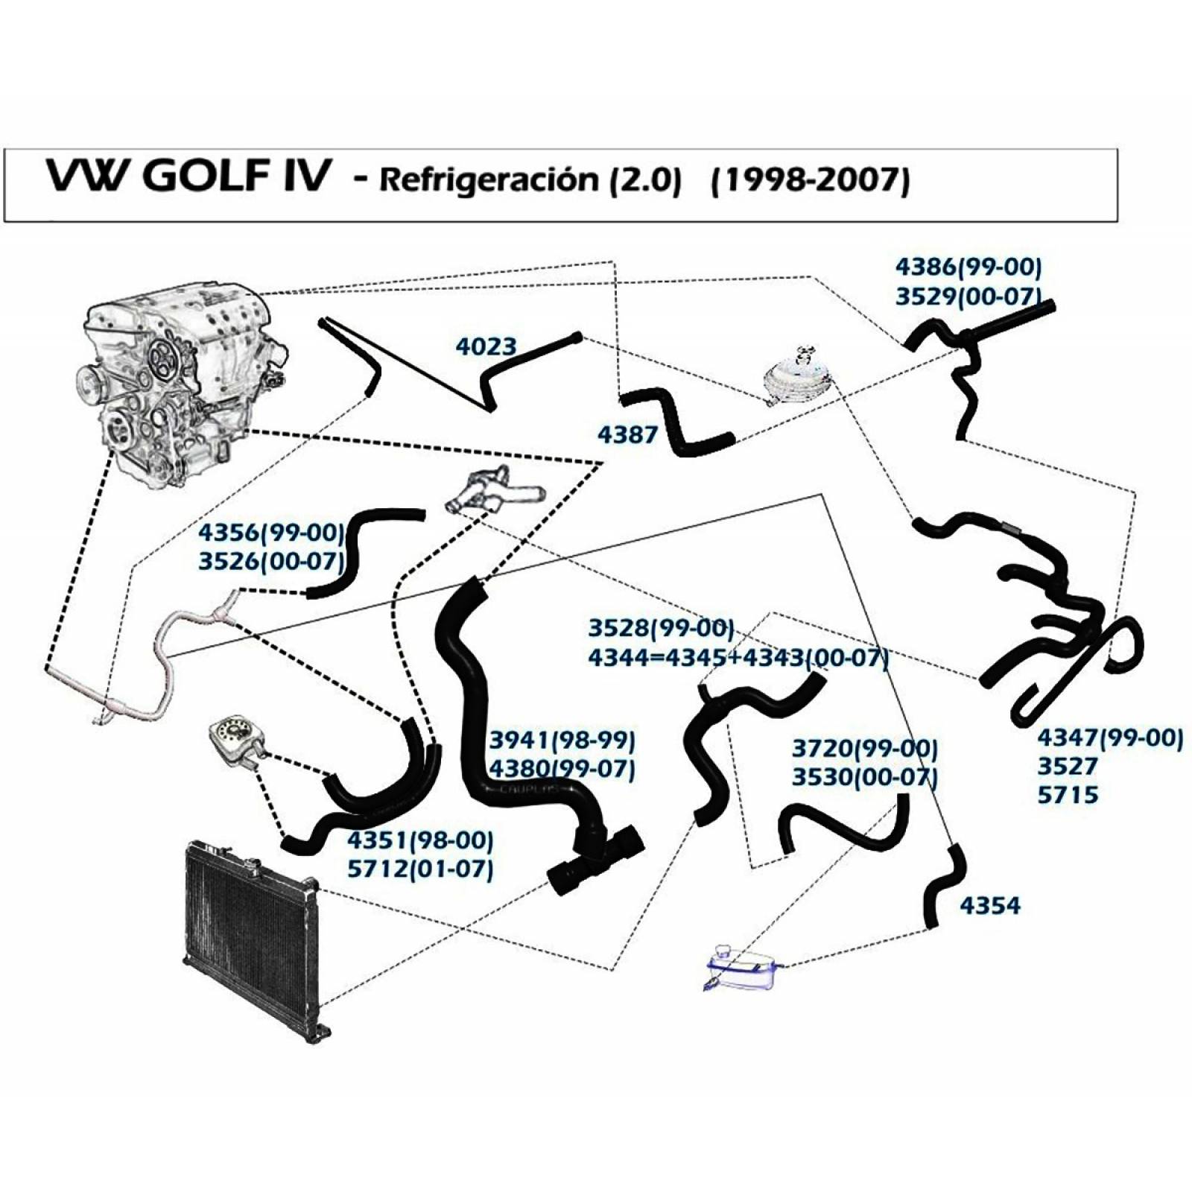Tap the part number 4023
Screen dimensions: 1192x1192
(486, 346)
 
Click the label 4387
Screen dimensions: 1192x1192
(627, 434)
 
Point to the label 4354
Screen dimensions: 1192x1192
(990, 906)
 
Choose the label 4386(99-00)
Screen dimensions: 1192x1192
(968, 267)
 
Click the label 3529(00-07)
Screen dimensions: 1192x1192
(968, 296)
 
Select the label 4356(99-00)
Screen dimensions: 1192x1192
(271, 533)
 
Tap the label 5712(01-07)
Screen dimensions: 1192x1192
(420, 869)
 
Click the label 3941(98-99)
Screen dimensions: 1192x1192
(562, 740)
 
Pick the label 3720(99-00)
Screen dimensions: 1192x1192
(865, 748)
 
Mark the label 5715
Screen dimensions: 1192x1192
(1068, 795)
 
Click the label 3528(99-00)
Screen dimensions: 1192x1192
(661, 628)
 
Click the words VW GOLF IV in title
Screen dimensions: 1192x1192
(186, 177)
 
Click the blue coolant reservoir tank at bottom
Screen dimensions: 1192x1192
(741, 967)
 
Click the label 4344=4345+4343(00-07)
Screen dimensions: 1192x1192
(738, 658)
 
